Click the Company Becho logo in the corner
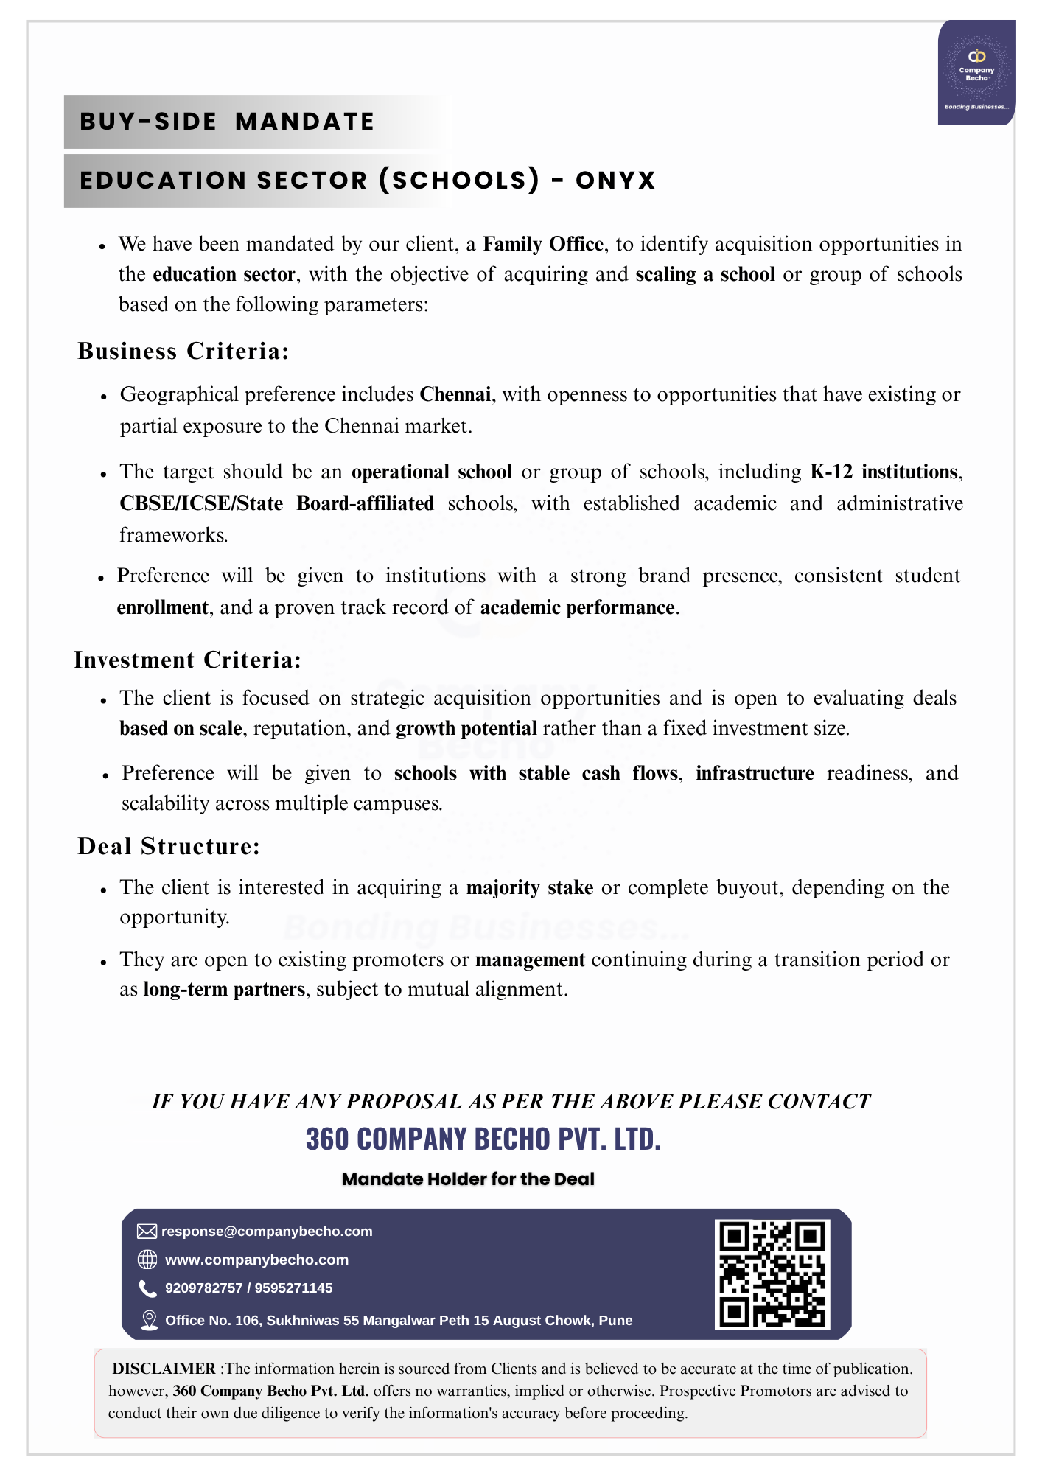976,72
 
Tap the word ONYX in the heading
615,181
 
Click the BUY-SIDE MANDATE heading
227,122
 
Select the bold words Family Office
543,244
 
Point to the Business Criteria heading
183,351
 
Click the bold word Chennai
455,394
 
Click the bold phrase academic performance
578,607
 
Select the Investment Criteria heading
188,660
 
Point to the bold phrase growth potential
466,728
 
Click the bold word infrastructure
755,773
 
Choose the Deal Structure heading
169,846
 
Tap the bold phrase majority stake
530,887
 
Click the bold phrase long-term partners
224,989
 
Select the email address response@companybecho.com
267,1232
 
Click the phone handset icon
148,1289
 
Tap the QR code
772,1274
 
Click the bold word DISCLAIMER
164,1369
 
